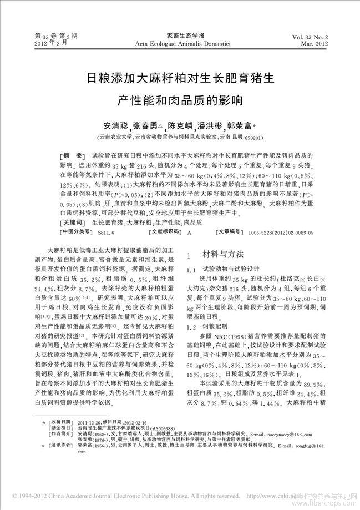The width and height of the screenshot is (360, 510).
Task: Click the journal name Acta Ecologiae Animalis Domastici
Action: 180,43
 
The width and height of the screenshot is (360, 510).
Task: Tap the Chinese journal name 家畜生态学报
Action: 180,34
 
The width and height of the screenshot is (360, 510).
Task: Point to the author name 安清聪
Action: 115,126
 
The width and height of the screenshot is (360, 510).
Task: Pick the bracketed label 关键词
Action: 73,222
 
